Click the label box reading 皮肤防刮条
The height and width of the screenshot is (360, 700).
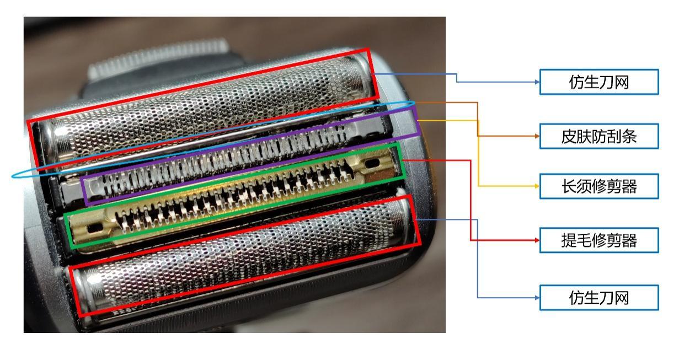pyautogui.click(x=599, y=136)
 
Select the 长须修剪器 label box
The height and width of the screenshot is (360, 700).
pyautogui.click(x=599, y=186)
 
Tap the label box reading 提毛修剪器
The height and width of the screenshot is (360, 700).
pyautogui.click(x=599, y=240)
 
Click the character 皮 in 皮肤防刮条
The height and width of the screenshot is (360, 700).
pyautogui.click(x=569, y=136)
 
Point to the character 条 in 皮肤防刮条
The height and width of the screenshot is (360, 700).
pyautogui.click(x=629, y=136)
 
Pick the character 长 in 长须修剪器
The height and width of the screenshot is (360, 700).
pyautogui.click(x=569, y=186)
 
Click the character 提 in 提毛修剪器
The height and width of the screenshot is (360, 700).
pyautogui.click(x=569, y=240)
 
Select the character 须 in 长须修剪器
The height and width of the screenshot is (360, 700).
pyautogui.click(x=584, y=186)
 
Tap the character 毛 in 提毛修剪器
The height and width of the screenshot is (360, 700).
pyautogui.click(x=584, y=240)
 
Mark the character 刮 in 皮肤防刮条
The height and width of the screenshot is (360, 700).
pyautogui.click(x=614, y=136)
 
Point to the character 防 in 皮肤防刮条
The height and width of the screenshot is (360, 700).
pyautogui.click(x=599, y=136)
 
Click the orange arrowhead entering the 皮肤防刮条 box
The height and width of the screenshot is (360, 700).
pyautogui.click(x=537, y=136)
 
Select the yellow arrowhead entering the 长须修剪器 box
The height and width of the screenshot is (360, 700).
pyautogui.click(x=537, y=186)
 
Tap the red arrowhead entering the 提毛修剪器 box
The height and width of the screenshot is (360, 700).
pyautogui.click(x=537, y=240)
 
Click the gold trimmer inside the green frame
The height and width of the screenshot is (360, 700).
pyautogui.click(x=234, y=197)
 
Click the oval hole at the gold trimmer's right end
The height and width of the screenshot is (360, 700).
pyautogui.click(x=372, y=163)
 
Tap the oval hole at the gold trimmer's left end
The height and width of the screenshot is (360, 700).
pyautogui.click(x=95, y=228)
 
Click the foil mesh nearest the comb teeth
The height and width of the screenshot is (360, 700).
pyautogui.click(x=203, y=106)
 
